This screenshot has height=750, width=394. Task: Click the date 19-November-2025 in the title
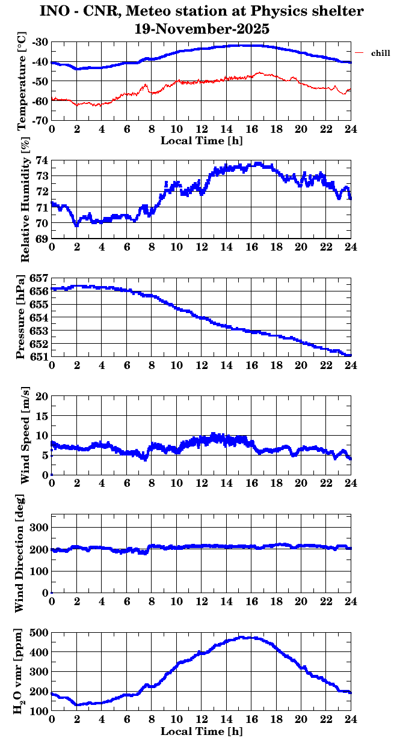(x=202, y=28)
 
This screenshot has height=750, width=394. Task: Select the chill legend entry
(x=380, y=53)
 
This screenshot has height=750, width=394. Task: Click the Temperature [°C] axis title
(x=23, y=81)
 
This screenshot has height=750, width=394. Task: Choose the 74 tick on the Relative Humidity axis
(x=43, y=160)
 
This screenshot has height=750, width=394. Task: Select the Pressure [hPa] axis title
(x=22, y=317)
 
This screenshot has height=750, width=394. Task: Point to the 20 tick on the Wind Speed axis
(x=42, y=396)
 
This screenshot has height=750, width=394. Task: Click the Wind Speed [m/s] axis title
(x=25, y=436)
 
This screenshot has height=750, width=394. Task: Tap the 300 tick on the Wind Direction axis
(x=40, y=527)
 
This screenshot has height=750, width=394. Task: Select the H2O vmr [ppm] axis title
(x=22, y=671)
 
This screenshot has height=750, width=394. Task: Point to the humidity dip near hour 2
(x=76, y=225)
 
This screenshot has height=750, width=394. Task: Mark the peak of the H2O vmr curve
(x=246, y=637)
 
